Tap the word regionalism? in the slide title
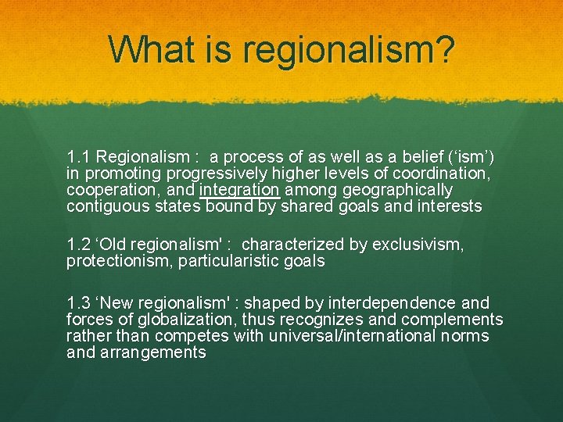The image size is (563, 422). click(349, 50)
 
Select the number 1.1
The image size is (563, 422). click(79, 156)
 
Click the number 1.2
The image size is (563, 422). click(79, 245)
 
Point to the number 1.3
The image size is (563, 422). click(79, 302)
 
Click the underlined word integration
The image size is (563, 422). click(239, 191)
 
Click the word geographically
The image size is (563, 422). click(398, 190)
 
